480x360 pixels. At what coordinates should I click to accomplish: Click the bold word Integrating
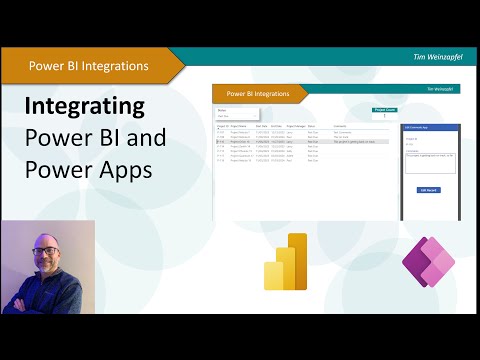pyautogui.click(x=84, y=106)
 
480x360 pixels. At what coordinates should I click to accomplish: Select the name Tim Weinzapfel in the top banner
pyautogui.click(x=435, y=58)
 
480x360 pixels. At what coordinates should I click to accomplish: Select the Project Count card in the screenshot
pyautogui.click(x=385, y=113)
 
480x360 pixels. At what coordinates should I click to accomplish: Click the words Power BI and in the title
pyautogui.click(x=96, y=138)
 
